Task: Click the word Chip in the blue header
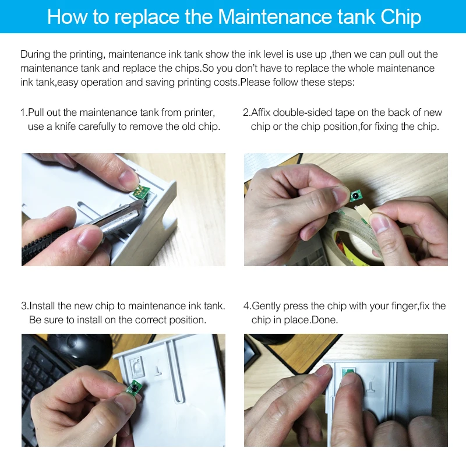tap(401, 17)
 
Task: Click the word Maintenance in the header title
tap(275, 17)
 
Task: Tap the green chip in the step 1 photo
tap(140, 190)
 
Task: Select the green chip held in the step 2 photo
tap(354, 196)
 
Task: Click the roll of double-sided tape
tap(356, 235)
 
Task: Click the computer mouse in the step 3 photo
tap(81, 348)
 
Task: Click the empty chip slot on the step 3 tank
tap(136, 366)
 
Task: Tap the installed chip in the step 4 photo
tap(348, 372)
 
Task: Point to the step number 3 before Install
tap(24, 306)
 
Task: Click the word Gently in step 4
tap(266, 306)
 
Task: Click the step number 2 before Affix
tap(246, 112)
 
